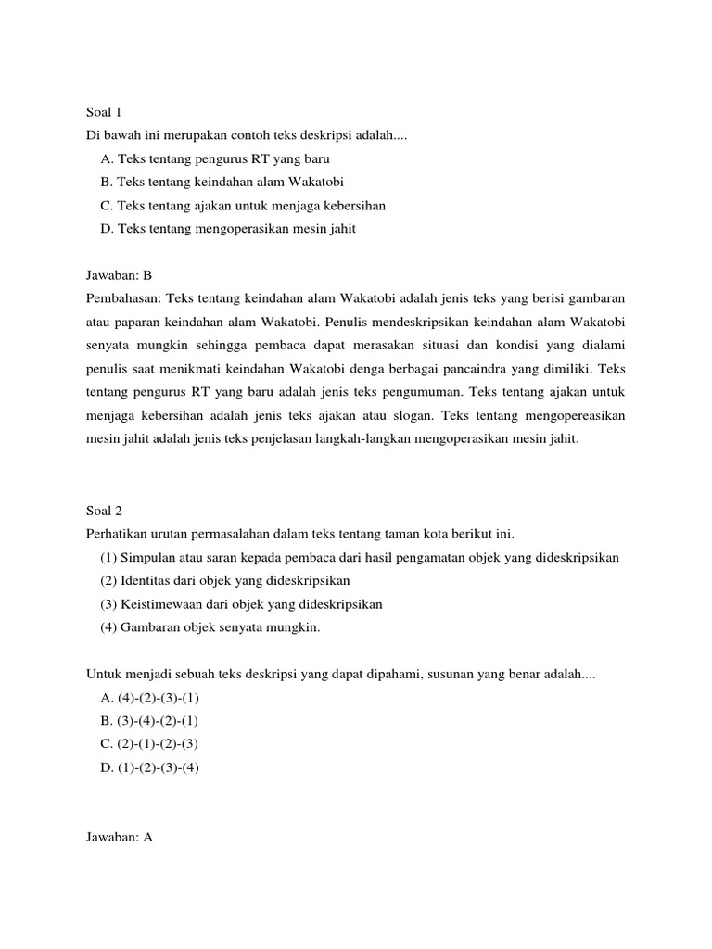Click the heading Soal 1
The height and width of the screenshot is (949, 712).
click(x=104, y=112)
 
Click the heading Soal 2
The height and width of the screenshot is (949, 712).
click(x=104, y=510)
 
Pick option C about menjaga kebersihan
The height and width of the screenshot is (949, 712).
click(x=244, y=205)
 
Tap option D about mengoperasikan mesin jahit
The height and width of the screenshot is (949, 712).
click(x=228, y=229)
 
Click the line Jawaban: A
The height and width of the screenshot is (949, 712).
click(x=119, y=837)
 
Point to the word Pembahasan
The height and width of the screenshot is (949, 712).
click(x=121, y=298)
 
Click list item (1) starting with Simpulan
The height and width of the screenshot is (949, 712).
click(x=360, y=557)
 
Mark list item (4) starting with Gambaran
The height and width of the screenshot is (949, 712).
click(x=210, y=627)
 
